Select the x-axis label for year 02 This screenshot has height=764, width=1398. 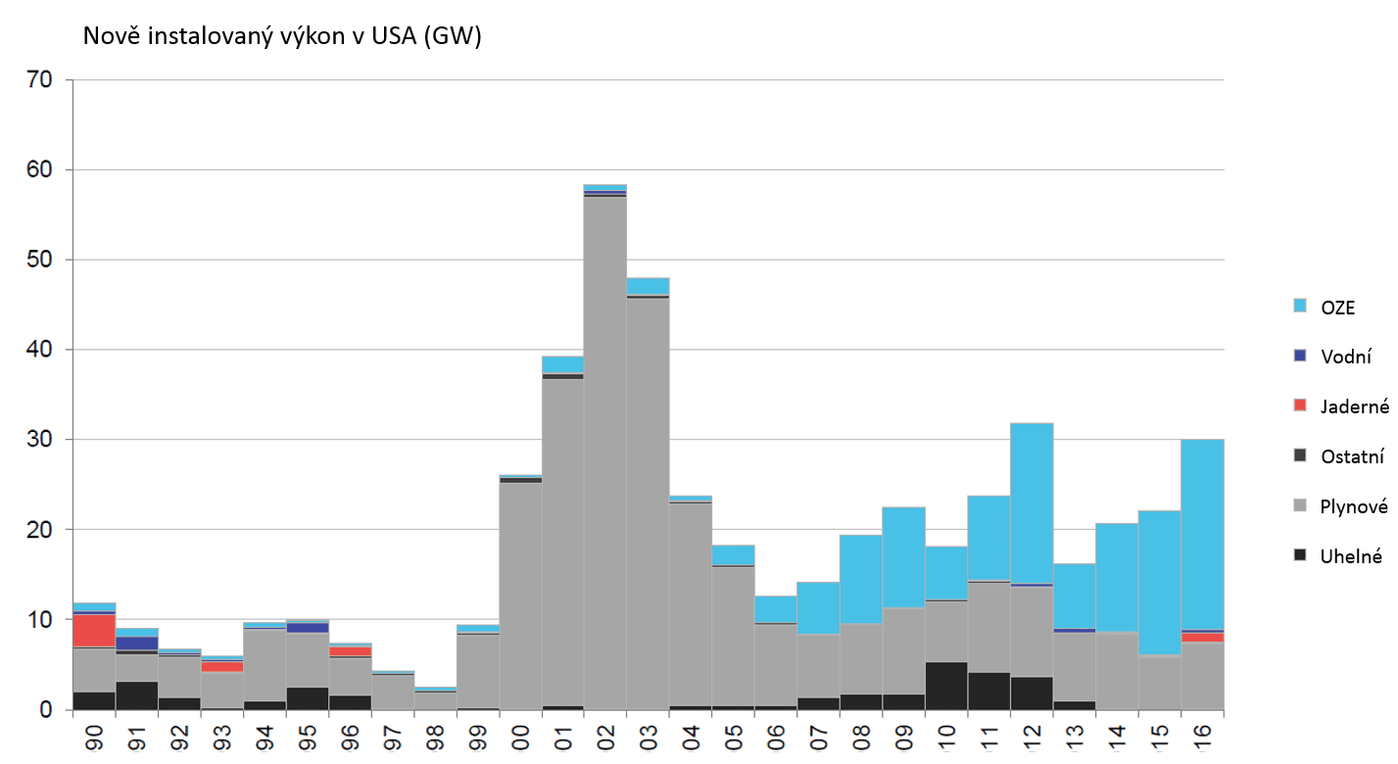(605, 737)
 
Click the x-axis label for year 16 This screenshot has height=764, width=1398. (1203, 737)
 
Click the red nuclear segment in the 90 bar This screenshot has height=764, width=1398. (94, 630)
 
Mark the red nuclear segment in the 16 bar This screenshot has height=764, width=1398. (1203, 637)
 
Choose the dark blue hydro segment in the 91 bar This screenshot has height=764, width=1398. (137, 643)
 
